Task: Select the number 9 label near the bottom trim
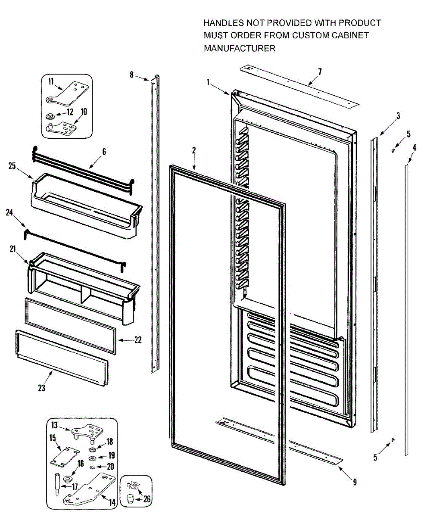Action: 354,483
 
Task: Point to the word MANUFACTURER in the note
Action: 239,49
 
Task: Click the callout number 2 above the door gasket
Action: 194,150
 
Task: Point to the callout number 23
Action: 41,387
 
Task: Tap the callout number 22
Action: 137,340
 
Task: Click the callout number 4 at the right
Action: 414,147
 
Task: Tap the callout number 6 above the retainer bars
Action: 104,152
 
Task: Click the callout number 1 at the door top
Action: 208,81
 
